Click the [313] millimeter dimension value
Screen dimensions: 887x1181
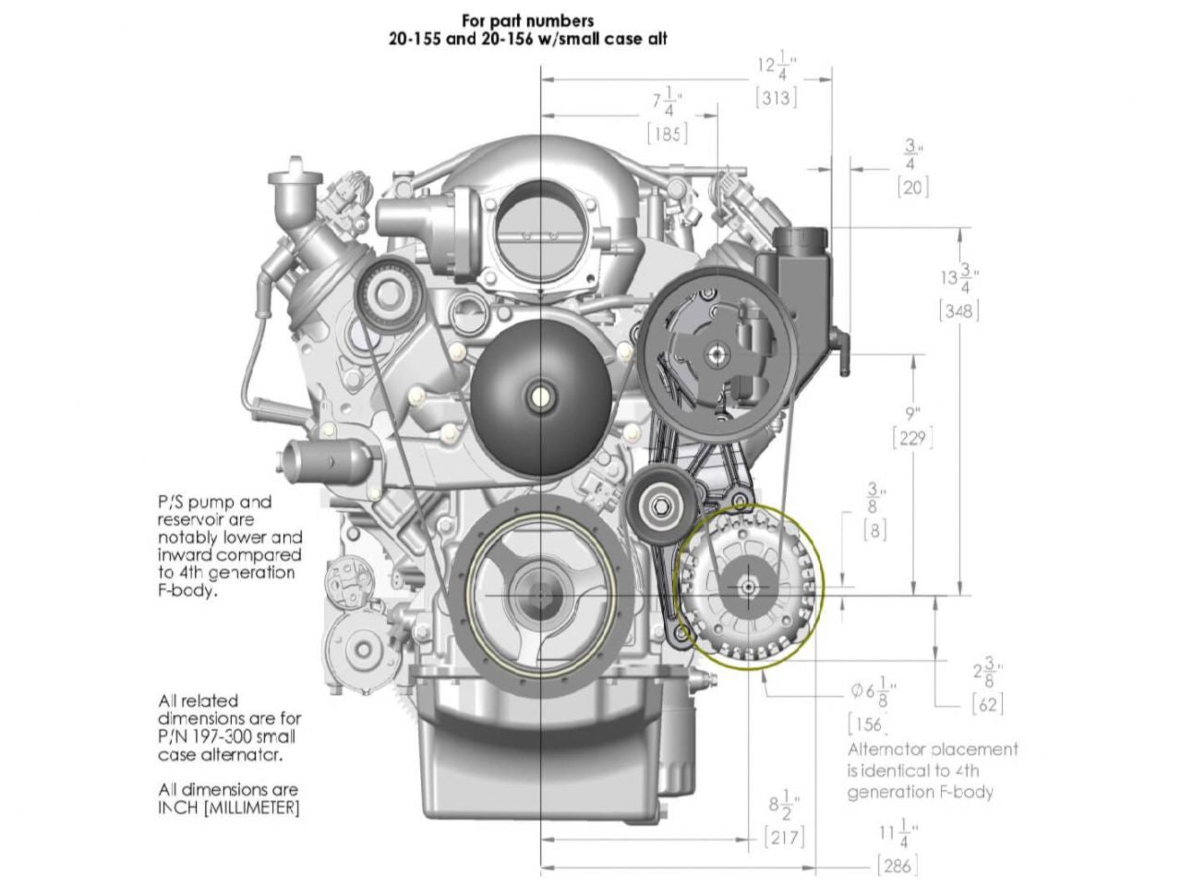775,97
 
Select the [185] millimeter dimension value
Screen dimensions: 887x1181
667,133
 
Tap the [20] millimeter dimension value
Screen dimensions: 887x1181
912,187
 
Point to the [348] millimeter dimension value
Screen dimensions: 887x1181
958,310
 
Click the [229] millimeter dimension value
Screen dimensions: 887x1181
912,438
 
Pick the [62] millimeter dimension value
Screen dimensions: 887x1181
987,704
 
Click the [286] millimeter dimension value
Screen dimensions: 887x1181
896,865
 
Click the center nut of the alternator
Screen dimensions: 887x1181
747,586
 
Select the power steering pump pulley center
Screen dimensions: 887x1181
716,353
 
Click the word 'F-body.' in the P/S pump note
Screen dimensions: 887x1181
188,590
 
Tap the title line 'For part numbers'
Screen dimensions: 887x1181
527,20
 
